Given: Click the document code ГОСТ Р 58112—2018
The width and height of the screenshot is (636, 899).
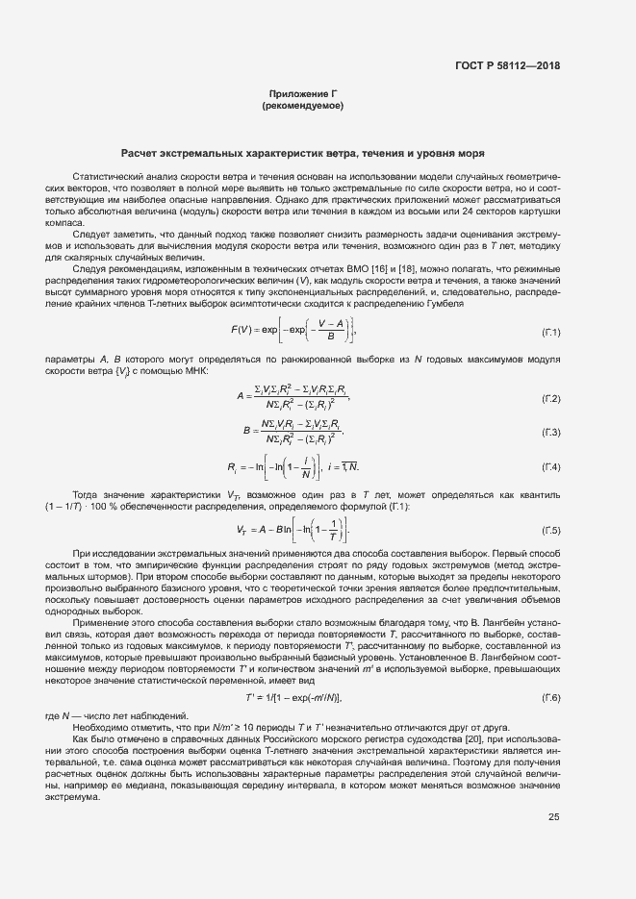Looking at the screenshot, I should [x=507, y=65].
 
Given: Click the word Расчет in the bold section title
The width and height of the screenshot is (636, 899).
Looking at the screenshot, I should [x=142, y=153].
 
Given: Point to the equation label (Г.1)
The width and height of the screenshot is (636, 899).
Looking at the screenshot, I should [x=550, y=332].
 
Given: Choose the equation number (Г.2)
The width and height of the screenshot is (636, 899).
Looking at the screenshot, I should [x=550, y=398].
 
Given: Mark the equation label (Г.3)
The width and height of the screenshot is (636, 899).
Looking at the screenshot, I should [x=550, y=433].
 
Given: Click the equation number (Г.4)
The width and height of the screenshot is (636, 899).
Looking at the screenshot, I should [x=550, y=467].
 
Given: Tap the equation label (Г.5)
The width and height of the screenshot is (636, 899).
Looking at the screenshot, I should [x=550, y=530].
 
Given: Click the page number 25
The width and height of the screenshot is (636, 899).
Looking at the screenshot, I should [x=553, y=817].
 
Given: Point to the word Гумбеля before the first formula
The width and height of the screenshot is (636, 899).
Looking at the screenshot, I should [x=445, y=303].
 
